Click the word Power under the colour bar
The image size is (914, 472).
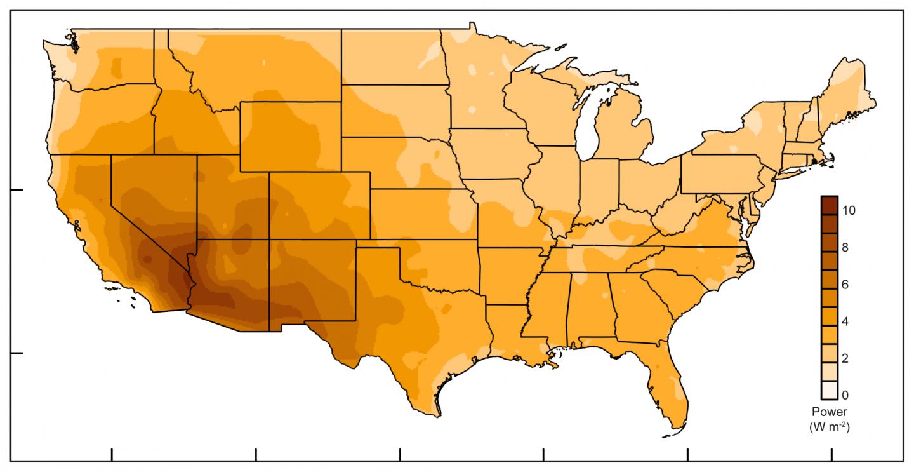[x=829, y=412]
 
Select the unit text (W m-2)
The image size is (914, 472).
[x=829, y=427]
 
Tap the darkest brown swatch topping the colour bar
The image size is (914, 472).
[x=829, y=204]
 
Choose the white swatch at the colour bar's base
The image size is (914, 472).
[x=829, y=389]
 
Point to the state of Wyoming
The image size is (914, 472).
[x=291, y=135]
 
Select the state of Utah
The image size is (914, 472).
[x=232, y=194]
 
